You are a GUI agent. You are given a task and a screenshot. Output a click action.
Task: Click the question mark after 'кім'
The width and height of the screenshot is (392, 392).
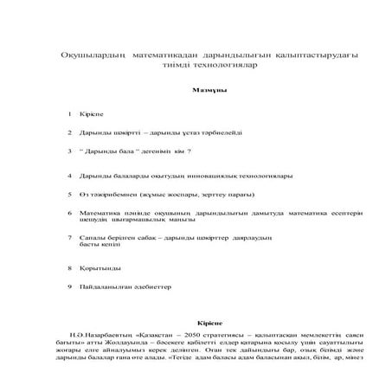(x=189, y=151)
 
